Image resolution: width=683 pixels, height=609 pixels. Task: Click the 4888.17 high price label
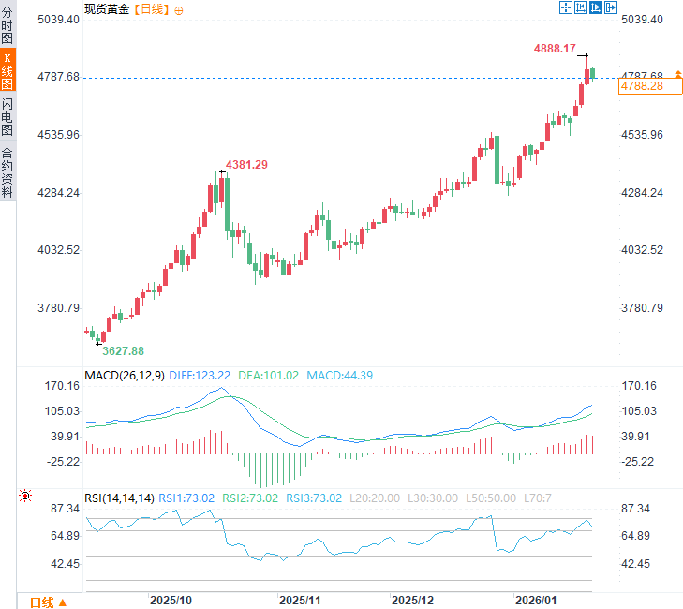555,48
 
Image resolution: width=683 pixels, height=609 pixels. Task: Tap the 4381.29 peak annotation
246,165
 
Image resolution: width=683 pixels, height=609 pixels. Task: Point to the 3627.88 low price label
123,350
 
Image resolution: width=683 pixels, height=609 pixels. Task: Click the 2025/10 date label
171,599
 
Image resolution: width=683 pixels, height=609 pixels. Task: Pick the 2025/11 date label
301,599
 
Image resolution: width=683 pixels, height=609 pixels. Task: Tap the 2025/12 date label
413,599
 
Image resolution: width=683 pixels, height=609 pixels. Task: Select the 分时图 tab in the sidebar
7,25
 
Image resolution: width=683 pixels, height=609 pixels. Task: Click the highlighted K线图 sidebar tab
7,70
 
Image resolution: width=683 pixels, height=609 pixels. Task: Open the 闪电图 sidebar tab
7,117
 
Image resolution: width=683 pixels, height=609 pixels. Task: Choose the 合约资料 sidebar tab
7,171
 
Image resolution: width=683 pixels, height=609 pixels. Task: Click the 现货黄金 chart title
108,8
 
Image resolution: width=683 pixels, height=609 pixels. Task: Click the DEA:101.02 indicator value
269,376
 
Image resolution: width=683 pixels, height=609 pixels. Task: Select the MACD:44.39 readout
339,376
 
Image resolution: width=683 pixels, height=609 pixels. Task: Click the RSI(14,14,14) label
119,498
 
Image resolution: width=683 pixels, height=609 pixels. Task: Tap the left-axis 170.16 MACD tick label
63,385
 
